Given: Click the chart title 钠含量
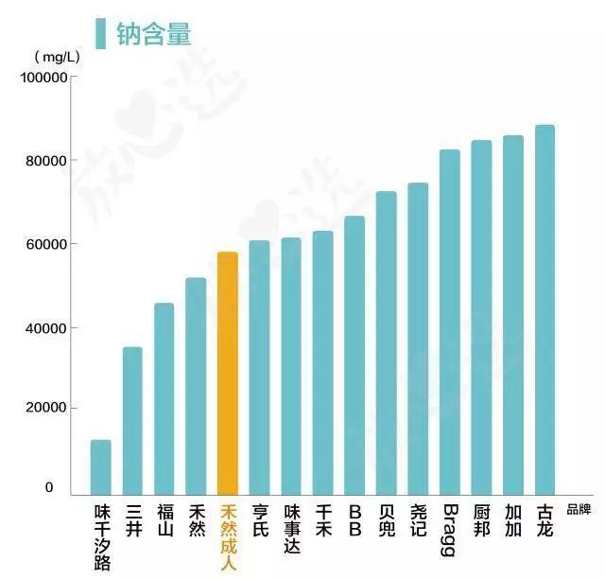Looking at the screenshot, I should click(x=153, y=34).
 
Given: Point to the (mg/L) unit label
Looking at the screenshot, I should click(x=58, y=58).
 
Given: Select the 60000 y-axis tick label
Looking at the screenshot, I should click(x=45, y=244).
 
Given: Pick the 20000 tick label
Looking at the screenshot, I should click(x=45, y=408).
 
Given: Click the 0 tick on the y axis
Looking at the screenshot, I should click(x=49, y=488).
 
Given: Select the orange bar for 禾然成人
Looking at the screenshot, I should click(x=228, y=373).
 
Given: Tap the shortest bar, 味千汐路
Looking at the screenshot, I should click(x=101, y=467).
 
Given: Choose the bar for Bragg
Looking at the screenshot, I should click(x=450, y=322).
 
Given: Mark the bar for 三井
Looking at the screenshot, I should click(x=132, y=421).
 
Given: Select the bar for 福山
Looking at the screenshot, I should click(x=164, y=398).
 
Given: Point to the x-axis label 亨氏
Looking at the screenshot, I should click(x=260, y=520).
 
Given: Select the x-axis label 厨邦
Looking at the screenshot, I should click(x=481, y=520).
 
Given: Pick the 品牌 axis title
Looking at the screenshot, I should click(x=579, y=509).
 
